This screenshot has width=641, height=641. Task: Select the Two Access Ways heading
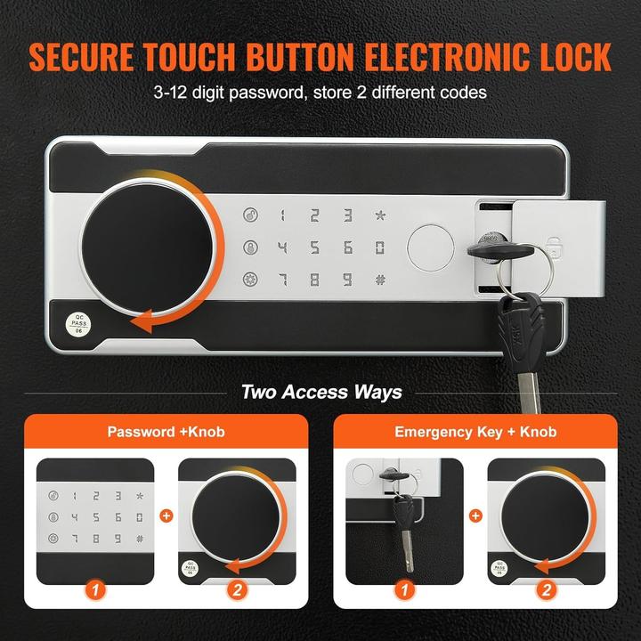coord(320,392)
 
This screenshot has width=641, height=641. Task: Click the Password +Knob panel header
coord(166,432)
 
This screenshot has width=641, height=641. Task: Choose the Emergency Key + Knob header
coord(476,432)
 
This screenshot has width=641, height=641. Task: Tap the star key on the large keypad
coord(379,215)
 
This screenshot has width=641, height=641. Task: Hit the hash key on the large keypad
coord(379,279)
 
